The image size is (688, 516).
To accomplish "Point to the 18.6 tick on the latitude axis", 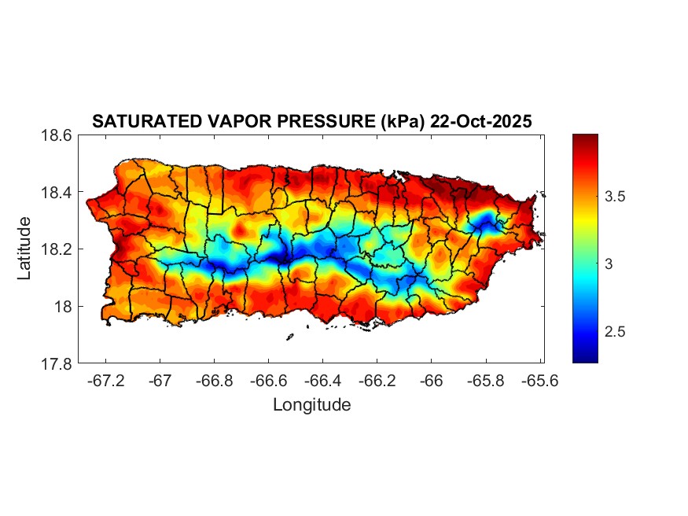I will tap(57, 135).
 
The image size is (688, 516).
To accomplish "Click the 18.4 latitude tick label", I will tap(57, 193).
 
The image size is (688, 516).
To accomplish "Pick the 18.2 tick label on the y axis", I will tap(57, 249).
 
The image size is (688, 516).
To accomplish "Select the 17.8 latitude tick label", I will tap(57, 363).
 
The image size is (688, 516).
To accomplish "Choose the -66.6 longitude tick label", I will tap(269, 379).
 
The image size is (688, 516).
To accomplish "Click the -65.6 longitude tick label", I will tap(539, 379).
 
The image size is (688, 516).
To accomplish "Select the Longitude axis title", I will tap(311, 405).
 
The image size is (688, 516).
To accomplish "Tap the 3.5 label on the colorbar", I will tap(616, 197).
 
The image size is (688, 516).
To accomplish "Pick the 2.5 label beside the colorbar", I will tap(616, 332).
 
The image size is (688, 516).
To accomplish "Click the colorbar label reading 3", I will tap(609, 264).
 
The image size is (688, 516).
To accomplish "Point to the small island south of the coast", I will tap(289, 337).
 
